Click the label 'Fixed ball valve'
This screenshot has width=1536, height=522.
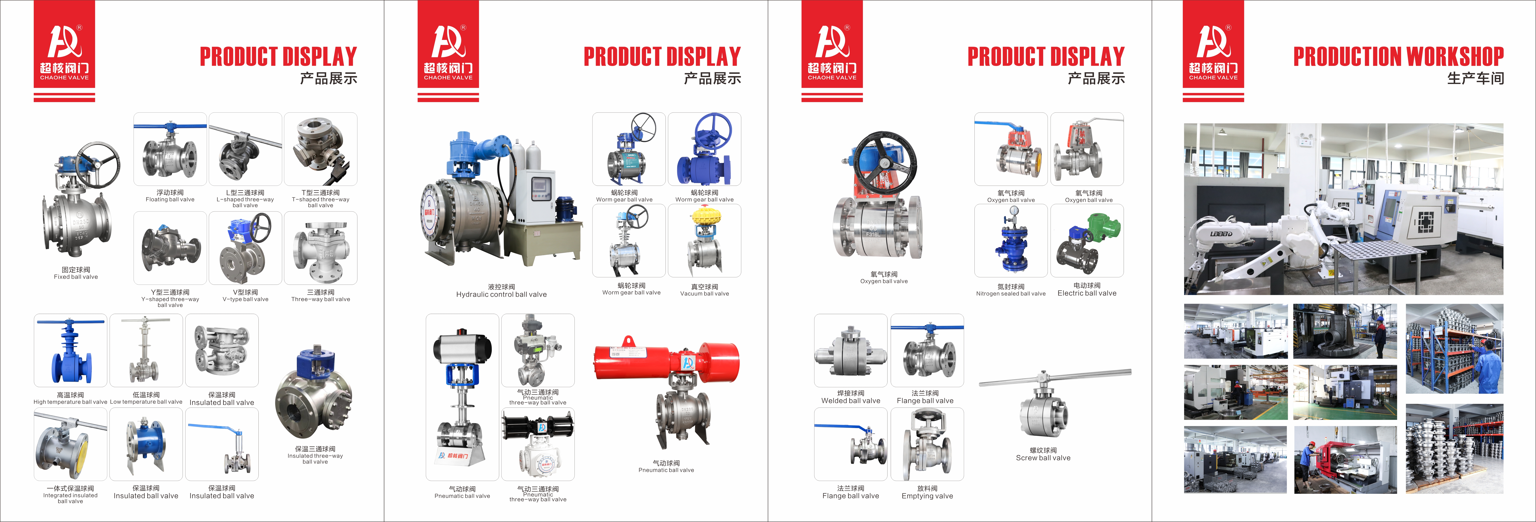pyautogui.click(x=76, y=277)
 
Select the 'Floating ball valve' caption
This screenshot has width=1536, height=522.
pyautogui.click(x=170, y=199)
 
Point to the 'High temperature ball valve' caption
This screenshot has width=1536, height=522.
pyautogui.click(x=70, y=402)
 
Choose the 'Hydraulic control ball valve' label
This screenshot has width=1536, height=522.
pyautogui.click(x=501, y=294)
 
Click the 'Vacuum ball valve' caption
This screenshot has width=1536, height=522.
pyautogui.click(x=704, y=293)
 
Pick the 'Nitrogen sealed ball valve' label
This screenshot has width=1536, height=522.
pyautogui.click(x=1011, y=293)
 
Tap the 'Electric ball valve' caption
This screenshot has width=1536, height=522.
pyautogui.click(x=1086, y=293)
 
